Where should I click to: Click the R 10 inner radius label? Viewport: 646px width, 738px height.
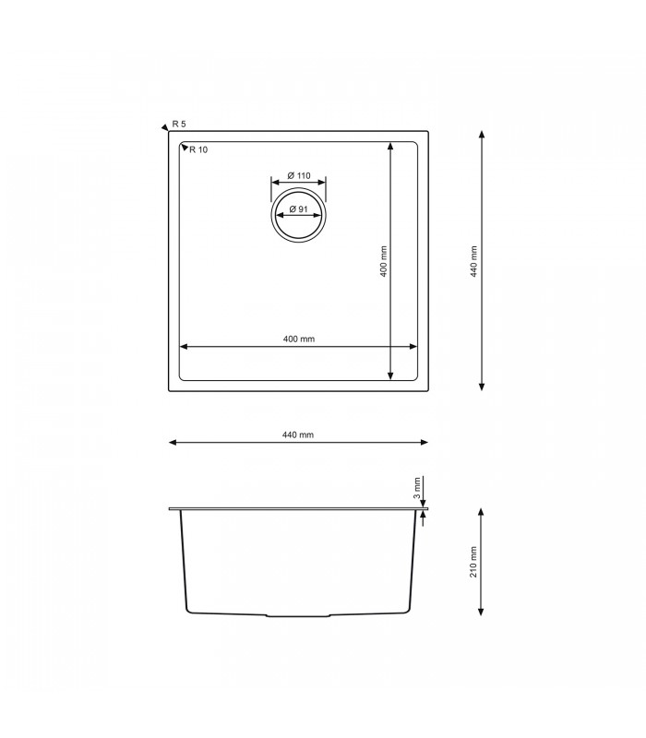(x=198, y=150)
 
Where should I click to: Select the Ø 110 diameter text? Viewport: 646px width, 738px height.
(x=297, y=175)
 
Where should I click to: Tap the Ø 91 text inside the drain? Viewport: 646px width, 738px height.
(x=297, y=209)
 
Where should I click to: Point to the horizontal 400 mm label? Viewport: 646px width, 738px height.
(x=299, y=339)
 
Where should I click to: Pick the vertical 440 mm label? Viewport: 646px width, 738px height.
(x=473, y=261)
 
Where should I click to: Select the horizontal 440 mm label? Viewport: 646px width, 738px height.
(x=298, y=434)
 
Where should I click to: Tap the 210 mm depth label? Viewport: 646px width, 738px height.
(x=473, y=562)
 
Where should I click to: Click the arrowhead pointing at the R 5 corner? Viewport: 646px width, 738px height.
(x=164, y=126)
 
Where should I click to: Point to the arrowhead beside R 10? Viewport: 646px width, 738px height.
(x=184, y=147)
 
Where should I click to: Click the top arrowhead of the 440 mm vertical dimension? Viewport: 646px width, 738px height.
(x=483, y=135)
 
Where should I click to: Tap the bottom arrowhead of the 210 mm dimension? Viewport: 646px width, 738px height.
(x=482, y=612)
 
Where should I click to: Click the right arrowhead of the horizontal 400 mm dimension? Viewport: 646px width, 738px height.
(x=413, y=347)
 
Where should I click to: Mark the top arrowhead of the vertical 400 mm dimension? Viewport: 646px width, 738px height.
(x=390, y=146)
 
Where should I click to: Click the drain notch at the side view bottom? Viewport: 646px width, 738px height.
(x=297, y=614)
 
